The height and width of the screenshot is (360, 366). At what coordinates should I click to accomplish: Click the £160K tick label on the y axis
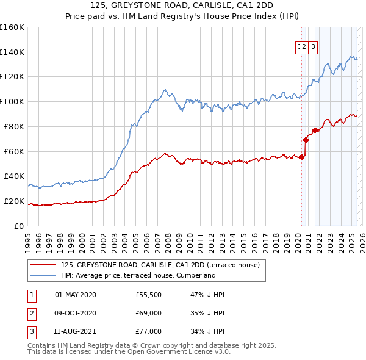click(x=12, y=27)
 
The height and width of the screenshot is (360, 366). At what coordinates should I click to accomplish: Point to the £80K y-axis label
click(x=14, y=126)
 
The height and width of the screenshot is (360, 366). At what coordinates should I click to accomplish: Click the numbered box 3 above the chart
click(x=313, y=46)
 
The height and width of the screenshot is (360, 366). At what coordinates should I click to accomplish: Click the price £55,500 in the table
click(x=148, y=295)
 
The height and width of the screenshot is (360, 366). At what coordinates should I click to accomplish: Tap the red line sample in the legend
click(x=43, y=265)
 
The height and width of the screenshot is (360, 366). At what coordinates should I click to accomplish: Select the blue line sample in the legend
click(x=43, y=275)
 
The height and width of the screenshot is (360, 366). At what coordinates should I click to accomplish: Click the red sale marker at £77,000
click(x=315, y=130)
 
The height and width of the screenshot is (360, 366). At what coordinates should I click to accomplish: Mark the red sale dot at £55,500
click(x=301, y=157)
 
